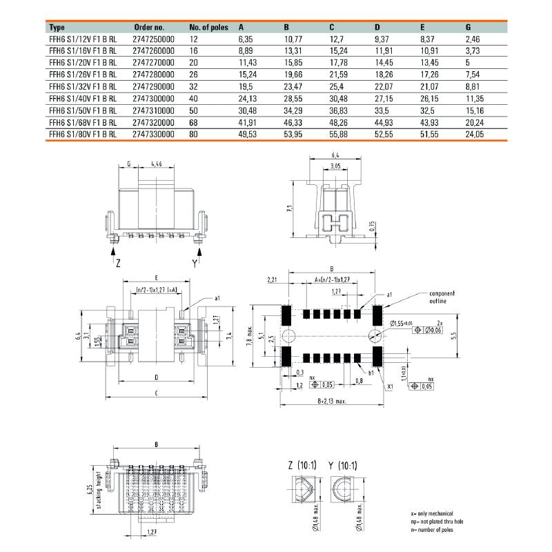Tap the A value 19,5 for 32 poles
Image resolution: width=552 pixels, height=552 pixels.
246,88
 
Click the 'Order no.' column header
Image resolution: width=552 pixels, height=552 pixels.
148,28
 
